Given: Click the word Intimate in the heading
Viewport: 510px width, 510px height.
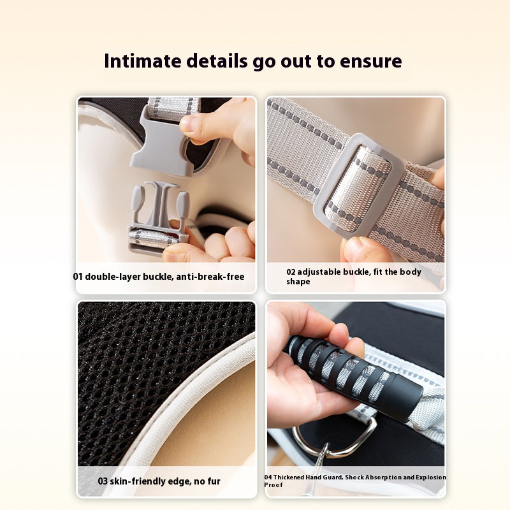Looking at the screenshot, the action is pyautogui.click(x=142, y=61).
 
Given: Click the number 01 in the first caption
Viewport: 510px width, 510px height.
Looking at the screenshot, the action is pyautogui.click(x=78, y=277).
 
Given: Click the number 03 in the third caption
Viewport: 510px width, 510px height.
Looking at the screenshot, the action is pyautogui.click(x=103, y=481).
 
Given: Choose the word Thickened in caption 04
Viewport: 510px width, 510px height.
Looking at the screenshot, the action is pyautogui.click(x=288, y=477).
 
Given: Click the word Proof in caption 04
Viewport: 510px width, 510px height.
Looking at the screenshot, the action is pyautogui.click(x=273, y=484).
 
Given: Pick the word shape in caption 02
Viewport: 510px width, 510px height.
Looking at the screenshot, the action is pyautogui.click(x=298, y=282).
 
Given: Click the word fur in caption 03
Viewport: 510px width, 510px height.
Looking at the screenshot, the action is pyautogui.click(x=214, y=481).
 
